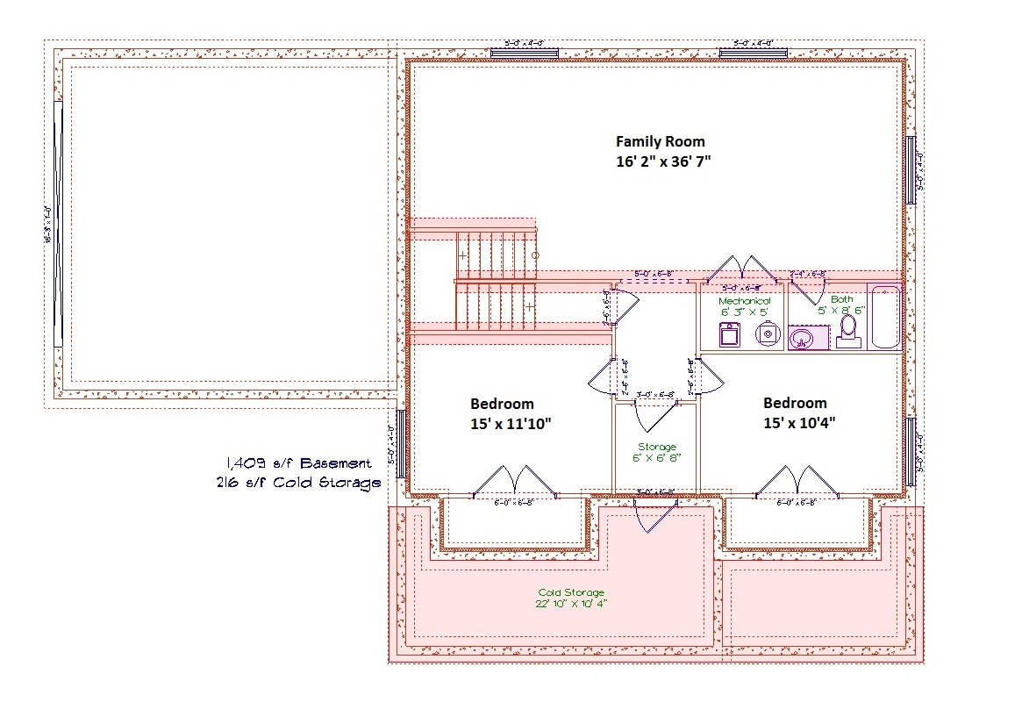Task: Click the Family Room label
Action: (x=660, y=141)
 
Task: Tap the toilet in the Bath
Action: (x=848, y=331)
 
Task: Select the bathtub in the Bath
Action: (x=883, y=317)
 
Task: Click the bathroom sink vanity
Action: (x=804, y=338)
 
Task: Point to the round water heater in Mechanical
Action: (x=768, y=333)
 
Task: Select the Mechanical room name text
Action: (x=744, y=301)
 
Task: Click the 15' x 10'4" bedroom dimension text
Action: (x=798, y=423)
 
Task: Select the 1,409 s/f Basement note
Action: (x=298, y=463)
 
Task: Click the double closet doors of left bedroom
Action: (x=515, y=482)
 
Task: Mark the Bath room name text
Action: (x=841, y=299)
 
